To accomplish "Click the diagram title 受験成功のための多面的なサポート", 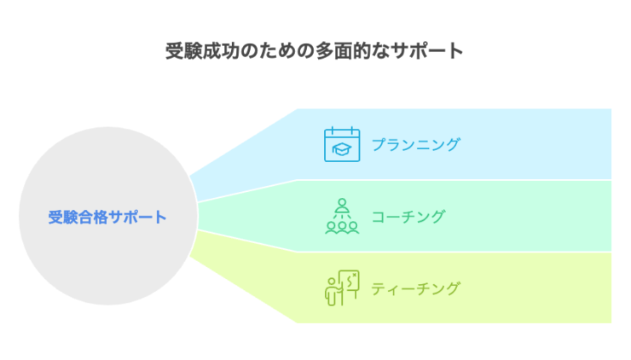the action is [315, 51].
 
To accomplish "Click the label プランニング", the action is [416, 144].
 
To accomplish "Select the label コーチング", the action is [408, 217].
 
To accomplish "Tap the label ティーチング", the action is [415, 288].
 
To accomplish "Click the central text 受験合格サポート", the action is [107, 217].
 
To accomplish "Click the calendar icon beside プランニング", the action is [342, 144].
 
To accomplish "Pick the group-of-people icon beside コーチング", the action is [342, 216].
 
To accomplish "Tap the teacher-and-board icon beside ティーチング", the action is [342, 288].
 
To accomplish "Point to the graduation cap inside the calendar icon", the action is [342, 149].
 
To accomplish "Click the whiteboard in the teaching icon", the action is [349, 281].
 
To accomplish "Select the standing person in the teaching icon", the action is [332, 292].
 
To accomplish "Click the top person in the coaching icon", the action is [342, 206].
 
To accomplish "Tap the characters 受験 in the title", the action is [184, 51].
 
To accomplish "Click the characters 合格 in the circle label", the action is [93, 217].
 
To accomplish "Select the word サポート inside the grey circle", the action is [137, 217].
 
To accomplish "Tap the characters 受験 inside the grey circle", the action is [63, 217].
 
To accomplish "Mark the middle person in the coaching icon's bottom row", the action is [342, 228].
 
